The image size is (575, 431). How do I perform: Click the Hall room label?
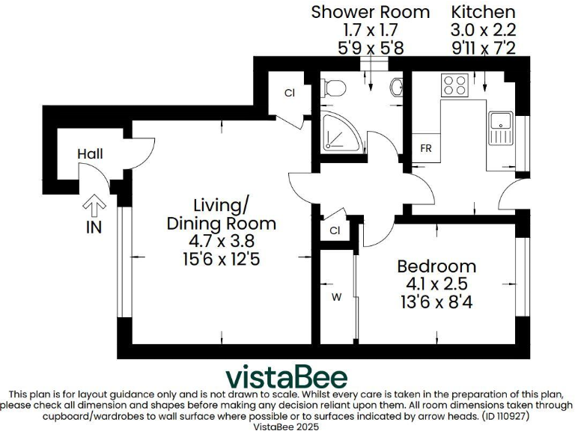pos(90,154)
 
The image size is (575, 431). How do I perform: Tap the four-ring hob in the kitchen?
pos(454,85)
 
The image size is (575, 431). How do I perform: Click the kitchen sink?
pos(500,128)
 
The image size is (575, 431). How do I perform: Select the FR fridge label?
pos(426,148)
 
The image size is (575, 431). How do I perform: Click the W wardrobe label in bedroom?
pos(337,297)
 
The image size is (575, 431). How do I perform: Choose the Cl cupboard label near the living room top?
pos(289,93)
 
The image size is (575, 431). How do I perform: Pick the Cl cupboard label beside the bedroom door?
pos(335,230)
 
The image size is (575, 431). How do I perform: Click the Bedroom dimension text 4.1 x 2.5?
pos(436,284)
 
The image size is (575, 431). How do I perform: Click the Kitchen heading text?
pos(483,12)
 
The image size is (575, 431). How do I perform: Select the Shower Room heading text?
pos(371,12)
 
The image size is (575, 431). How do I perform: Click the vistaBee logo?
pos(287,375)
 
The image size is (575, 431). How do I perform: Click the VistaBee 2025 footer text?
pos(287,426)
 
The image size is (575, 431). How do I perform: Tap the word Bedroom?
pos(436,266)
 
